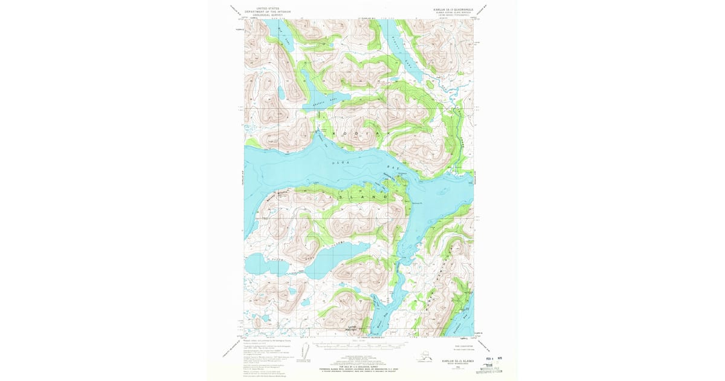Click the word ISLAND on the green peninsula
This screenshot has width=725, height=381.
click(362, 197)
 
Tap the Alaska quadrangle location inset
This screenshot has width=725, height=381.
click(425, 356)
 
